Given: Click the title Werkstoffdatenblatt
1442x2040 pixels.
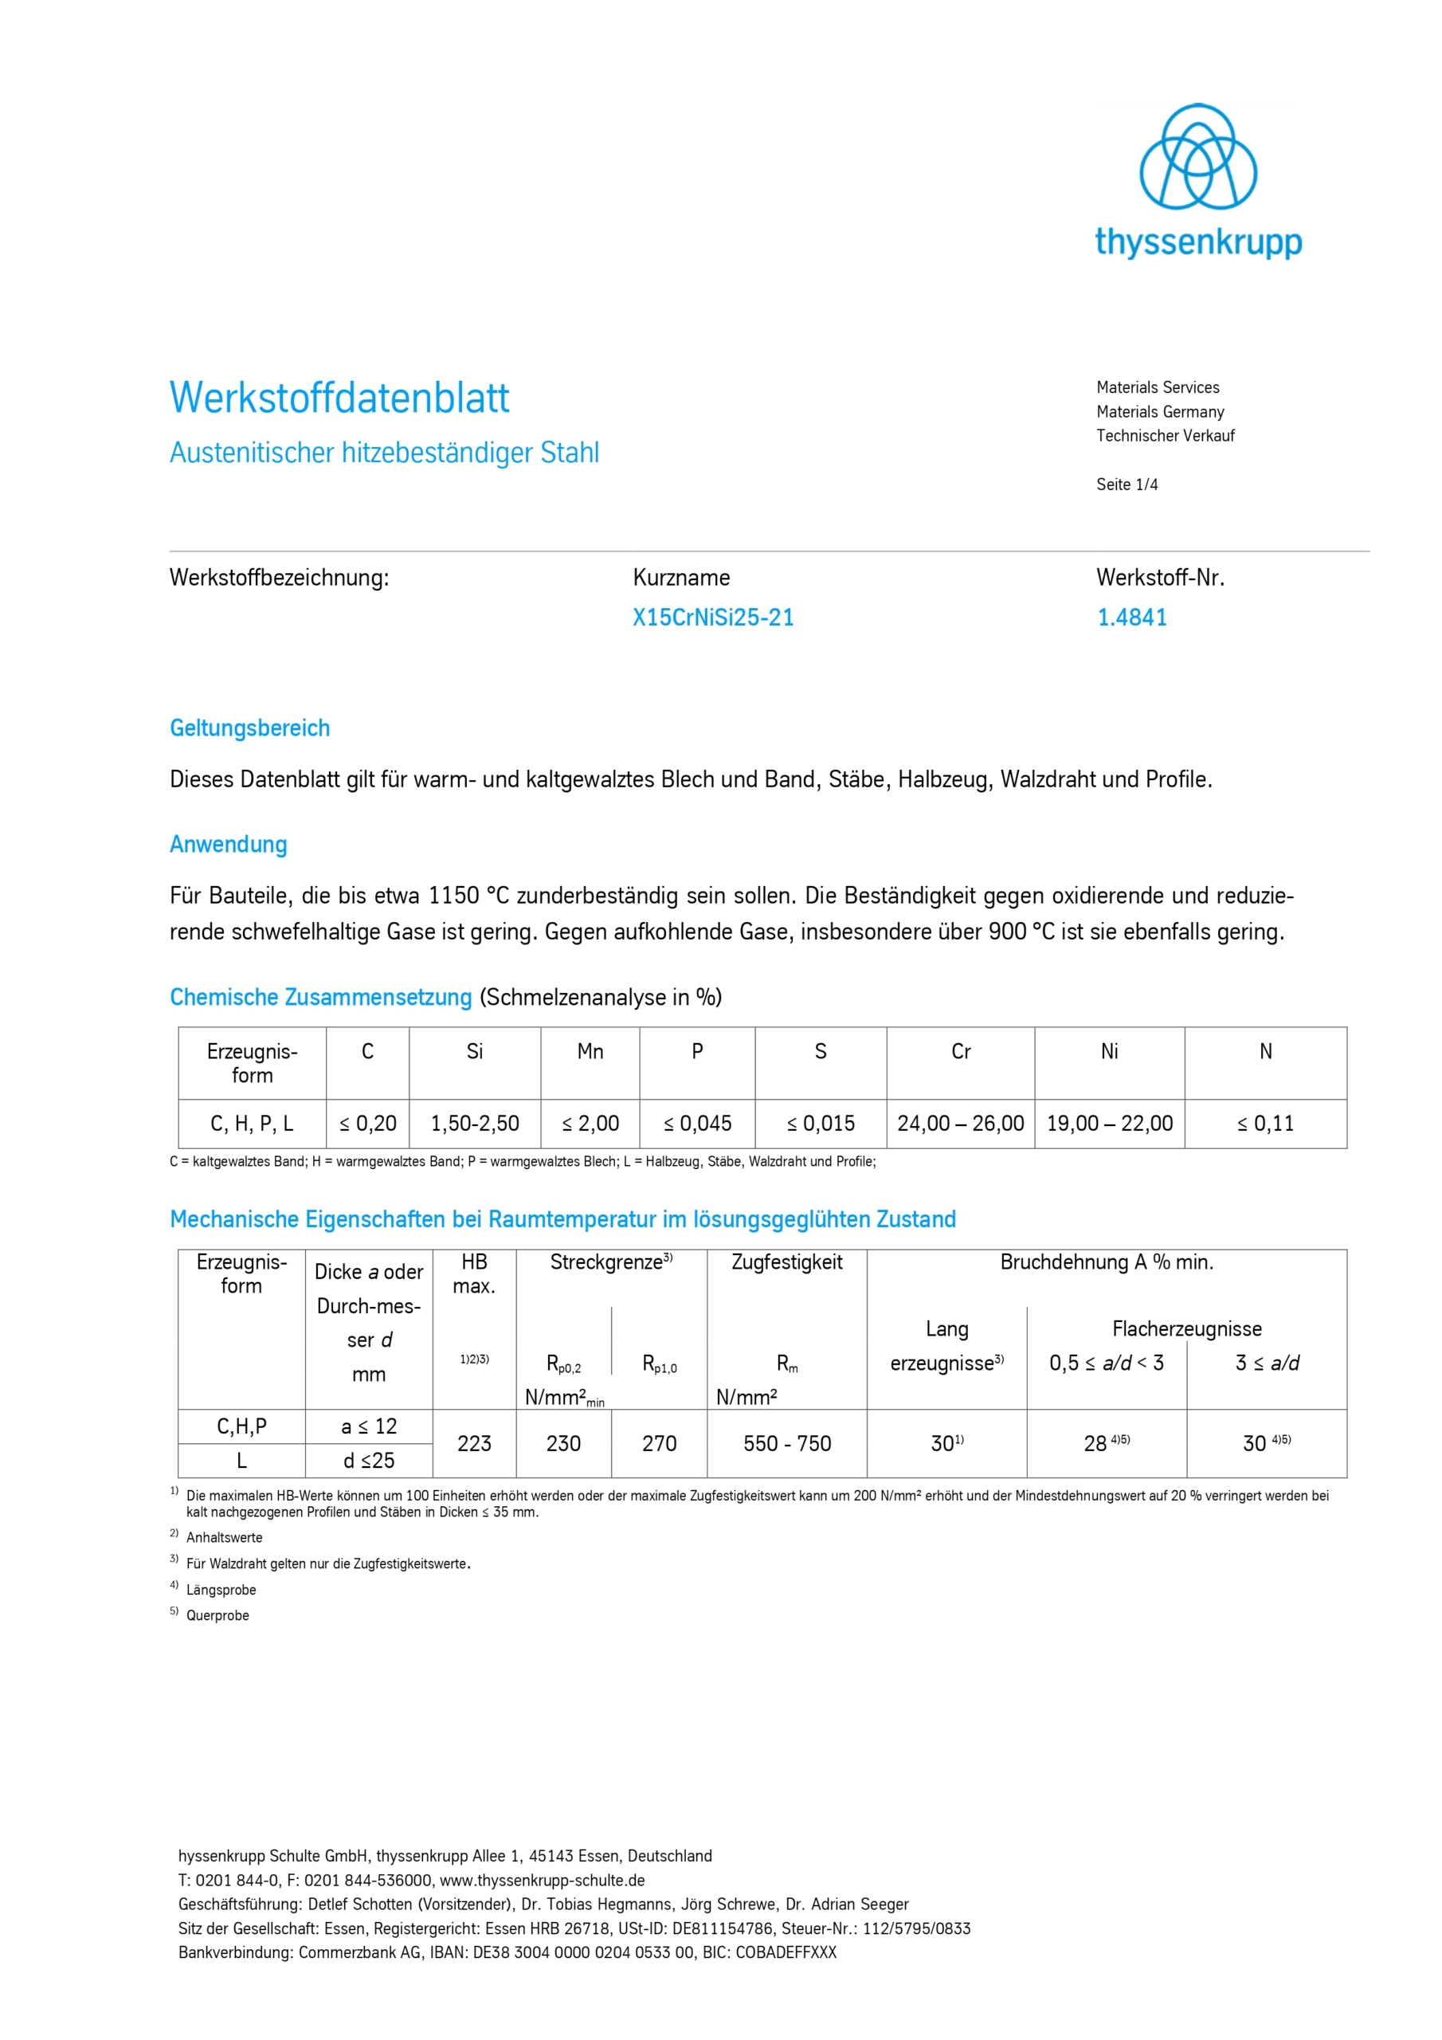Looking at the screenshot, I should point(339,398).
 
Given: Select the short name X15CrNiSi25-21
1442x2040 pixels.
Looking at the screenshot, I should point(712,618).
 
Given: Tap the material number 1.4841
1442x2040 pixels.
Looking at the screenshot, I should point(1131,618).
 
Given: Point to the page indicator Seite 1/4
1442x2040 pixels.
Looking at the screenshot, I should point(1127,484).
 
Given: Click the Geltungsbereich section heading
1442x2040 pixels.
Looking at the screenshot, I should point(249,728).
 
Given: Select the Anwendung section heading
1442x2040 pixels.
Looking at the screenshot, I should point(229,844).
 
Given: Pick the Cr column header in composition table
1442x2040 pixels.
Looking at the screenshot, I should point(961,1052).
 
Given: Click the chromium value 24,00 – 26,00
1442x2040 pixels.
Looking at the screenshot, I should point(961,1124).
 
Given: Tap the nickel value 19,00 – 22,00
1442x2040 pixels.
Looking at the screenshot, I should point(1109,1124).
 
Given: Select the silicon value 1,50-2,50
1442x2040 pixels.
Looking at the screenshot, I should point(475,1124).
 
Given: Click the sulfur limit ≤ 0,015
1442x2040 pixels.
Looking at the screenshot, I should point(820,1124).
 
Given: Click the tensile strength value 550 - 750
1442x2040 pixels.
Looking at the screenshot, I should point(787,1444).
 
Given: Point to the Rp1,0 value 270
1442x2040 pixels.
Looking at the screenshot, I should point(659,1444).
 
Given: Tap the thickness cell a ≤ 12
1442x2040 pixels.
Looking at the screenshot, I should point(369,1427).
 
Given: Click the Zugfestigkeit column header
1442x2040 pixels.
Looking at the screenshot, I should point(786,1262).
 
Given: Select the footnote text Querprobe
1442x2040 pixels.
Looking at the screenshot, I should point(217,1615).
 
